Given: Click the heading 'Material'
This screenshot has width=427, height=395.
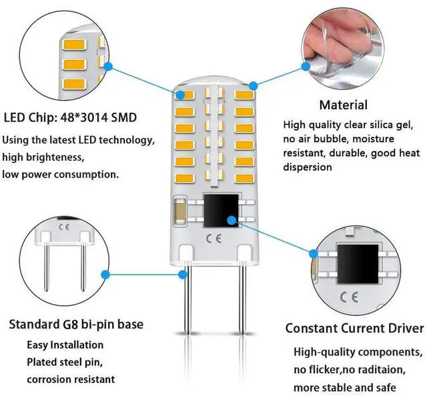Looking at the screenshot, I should [343, 105].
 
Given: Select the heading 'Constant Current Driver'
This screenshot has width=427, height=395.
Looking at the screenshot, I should [354, 328].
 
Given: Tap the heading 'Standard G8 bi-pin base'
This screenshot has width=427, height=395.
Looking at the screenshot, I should [75, 325].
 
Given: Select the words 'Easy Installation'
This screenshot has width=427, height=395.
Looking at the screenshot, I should [65, 345].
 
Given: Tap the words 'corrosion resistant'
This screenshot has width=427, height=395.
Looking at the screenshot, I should [69, 379].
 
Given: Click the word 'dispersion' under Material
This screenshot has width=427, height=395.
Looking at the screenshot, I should [307, 167].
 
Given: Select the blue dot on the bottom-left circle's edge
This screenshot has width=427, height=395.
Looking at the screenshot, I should [104, 273].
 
